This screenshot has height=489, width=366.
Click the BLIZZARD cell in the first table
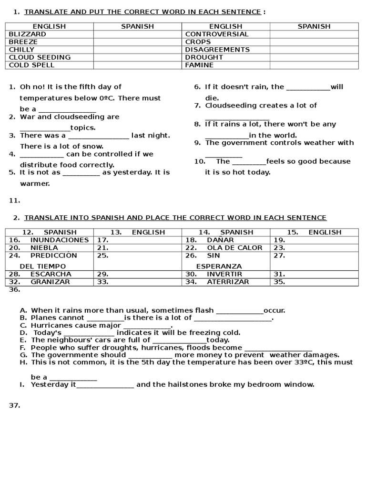tap(28, 34)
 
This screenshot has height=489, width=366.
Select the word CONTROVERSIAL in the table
tap(217, 34)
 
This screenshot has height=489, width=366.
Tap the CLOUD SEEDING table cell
tap(40, 57)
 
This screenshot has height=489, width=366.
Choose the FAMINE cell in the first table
tap(199, 65)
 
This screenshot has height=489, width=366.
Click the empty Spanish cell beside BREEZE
tap(137, 42)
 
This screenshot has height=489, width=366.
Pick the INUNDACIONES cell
tap(59, 240)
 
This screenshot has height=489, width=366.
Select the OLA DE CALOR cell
tap(234, 247)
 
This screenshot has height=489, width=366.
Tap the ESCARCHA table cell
tap(51, 274)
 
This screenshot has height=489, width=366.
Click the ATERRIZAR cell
tap(228, 282)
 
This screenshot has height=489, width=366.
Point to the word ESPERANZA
tap(219, 266)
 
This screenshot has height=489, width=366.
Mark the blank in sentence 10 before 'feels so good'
tap(248, 161)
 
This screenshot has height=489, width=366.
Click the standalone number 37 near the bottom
tap(14, 405)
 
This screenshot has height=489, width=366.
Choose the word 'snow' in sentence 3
tap(94, 147)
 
